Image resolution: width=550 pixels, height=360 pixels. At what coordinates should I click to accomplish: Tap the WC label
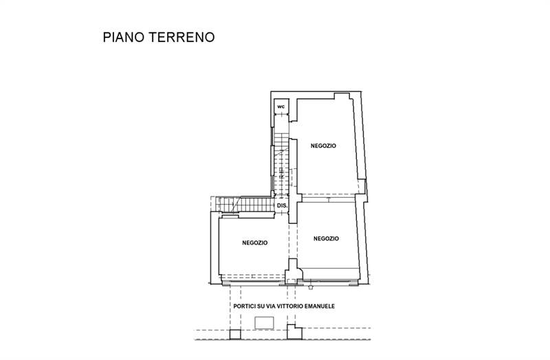click(280, 107)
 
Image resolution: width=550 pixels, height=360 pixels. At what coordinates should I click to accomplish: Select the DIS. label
click(282, 205)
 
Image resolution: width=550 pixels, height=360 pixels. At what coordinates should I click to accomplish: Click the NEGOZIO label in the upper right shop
click(323, 145)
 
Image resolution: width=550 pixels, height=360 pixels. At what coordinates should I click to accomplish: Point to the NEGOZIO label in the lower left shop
click(255, 243)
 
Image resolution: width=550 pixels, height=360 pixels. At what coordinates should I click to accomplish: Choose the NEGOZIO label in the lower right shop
click(326, 238)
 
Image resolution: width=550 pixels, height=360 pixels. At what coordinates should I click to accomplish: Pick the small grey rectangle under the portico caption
click(264, 322)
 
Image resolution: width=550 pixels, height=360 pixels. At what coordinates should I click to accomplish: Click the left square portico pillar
click(234, 335)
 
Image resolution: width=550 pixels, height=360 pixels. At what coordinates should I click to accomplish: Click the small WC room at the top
click(281, 109)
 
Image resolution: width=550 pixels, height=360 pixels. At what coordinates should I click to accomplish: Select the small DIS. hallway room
click(282, 206)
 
